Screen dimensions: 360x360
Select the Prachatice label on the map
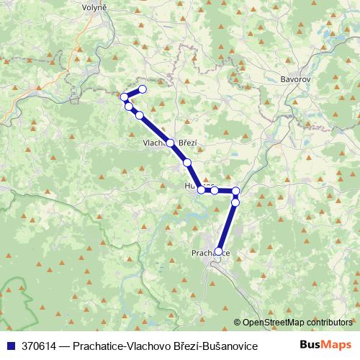[x=211, y=253]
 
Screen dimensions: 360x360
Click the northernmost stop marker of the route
[x=143, y=89]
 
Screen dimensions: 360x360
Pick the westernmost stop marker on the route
[x=124, y=97]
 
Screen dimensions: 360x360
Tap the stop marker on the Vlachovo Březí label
[x=171, y=143]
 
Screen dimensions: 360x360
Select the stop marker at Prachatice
[x=219, y=251]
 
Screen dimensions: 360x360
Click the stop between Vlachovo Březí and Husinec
[x=187, y=163]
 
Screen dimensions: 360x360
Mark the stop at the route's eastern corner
[x=235, y=191]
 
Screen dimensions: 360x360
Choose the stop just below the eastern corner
[x=235, y=202]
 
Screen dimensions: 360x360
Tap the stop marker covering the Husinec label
[x=202, y=190]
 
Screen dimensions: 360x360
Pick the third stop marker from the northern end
[x=129, y=107]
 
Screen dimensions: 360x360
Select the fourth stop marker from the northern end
[x=139, y=115]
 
